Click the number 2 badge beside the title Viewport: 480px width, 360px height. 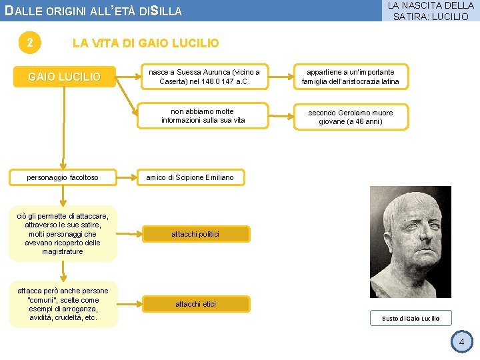(x=29, y=43)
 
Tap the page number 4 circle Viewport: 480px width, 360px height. (x=460, y=342)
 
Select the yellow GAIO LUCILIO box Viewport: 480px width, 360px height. (x=63, y=77)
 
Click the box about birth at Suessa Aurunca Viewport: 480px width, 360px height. (x=204, y=77)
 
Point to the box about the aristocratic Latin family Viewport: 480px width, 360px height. (x=350, y=77)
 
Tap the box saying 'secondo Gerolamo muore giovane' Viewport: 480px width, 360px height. (x=350, y=117)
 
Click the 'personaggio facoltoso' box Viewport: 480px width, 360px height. (x=63, y=177)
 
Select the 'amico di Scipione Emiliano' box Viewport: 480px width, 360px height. (x=191, y=177)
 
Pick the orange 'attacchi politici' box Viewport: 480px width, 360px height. (x=195, y=234)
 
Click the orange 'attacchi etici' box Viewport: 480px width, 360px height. (x=195, y=304)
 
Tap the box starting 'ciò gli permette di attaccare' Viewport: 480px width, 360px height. (x=63, y=233)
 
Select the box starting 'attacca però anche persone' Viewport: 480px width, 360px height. (x=63, y=304)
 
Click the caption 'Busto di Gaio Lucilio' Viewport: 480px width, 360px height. (x=411, y=318)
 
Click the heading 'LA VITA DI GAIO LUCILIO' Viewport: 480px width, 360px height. (x=145, y=43)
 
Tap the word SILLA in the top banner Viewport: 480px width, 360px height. (x=166, y=11)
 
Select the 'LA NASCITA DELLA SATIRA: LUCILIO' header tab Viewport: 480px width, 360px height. (x=430, y=11)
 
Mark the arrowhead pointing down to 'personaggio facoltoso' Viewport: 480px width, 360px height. (x=63, y=165)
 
